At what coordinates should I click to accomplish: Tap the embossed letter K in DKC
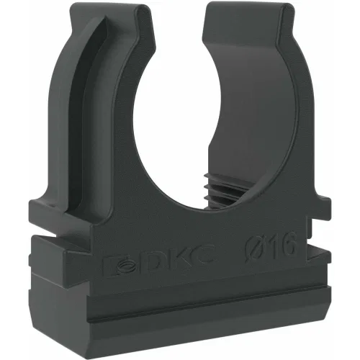pos(178,260)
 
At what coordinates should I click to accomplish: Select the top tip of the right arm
pos(247,5)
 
